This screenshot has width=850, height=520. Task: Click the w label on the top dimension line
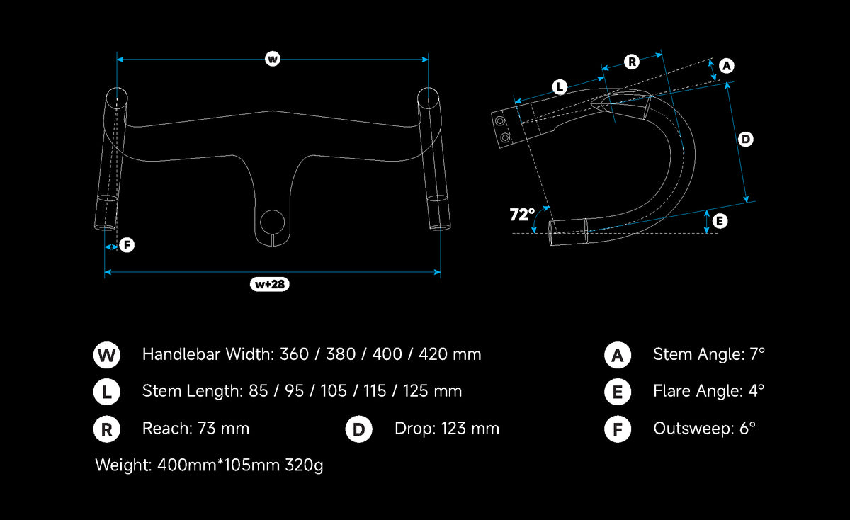coord(273,59)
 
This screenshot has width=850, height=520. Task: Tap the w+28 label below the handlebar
coord(269,284)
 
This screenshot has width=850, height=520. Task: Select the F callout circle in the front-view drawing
coord(127,245)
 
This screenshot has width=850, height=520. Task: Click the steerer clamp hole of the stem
coord(272,222)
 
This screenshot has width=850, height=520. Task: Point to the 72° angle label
coord(522,215)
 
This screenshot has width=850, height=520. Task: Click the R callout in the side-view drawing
coord(632,62)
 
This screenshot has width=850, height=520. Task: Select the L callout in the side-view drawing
coord(560,87)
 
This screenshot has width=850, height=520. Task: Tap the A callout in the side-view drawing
coord(727,66)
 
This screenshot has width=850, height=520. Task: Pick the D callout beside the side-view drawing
coord(746,140)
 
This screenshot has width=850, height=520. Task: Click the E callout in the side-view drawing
coord(720,221)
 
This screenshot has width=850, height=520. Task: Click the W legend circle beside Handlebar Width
coord(107,355)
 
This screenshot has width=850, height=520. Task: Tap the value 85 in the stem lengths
coord(258,391)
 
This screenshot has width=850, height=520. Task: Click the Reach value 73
coord(206,429)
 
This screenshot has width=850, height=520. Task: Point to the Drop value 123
coord(453,429)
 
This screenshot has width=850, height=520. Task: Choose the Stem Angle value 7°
coord(757,354)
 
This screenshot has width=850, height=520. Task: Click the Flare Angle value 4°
coord(756,391)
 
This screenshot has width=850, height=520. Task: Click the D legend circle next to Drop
coord(358,429)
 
